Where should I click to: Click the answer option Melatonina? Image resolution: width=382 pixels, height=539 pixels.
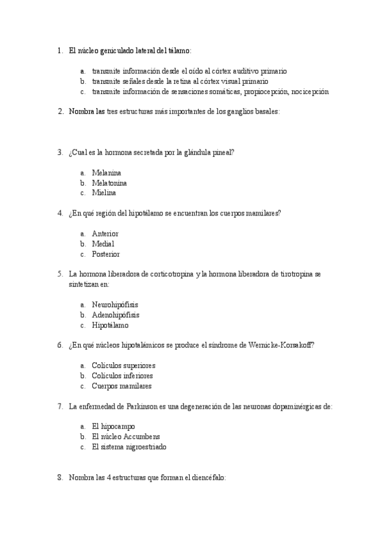point(109,183)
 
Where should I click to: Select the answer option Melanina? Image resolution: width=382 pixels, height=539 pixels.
point(106,173)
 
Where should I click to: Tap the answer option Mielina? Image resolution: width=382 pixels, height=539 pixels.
point(104,193)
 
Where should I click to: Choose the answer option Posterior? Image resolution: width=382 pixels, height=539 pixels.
point(106,254)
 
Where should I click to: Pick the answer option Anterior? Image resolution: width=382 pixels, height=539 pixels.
point(105,234)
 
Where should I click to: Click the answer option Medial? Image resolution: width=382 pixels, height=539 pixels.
point(103,244)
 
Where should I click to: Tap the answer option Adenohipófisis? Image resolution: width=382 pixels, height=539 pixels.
point(115,315)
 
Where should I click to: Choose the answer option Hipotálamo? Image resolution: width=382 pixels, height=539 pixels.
point(110,325)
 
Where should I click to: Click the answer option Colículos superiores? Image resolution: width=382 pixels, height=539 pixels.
point(124,366)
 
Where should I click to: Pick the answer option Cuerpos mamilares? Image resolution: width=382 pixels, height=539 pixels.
point(122,386)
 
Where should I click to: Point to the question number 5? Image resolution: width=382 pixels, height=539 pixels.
point(59,274)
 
